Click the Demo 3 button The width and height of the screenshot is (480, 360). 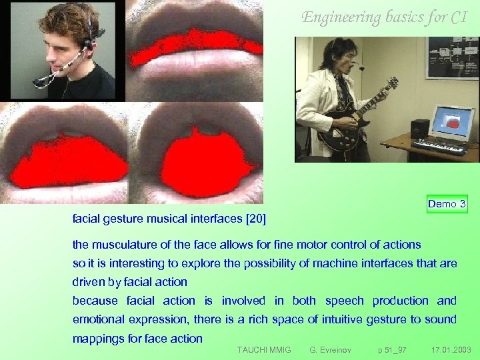click(447, 203)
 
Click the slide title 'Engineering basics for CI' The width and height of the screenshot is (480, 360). click(384, 17)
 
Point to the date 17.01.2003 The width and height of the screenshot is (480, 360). click(451, 349)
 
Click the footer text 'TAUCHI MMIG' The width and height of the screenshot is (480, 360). click(264, 349)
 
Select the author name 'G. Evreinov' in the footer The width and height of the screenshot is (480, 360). click(331, 349)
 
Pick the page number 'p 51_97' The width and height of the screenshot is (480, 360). click(392, 349)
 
